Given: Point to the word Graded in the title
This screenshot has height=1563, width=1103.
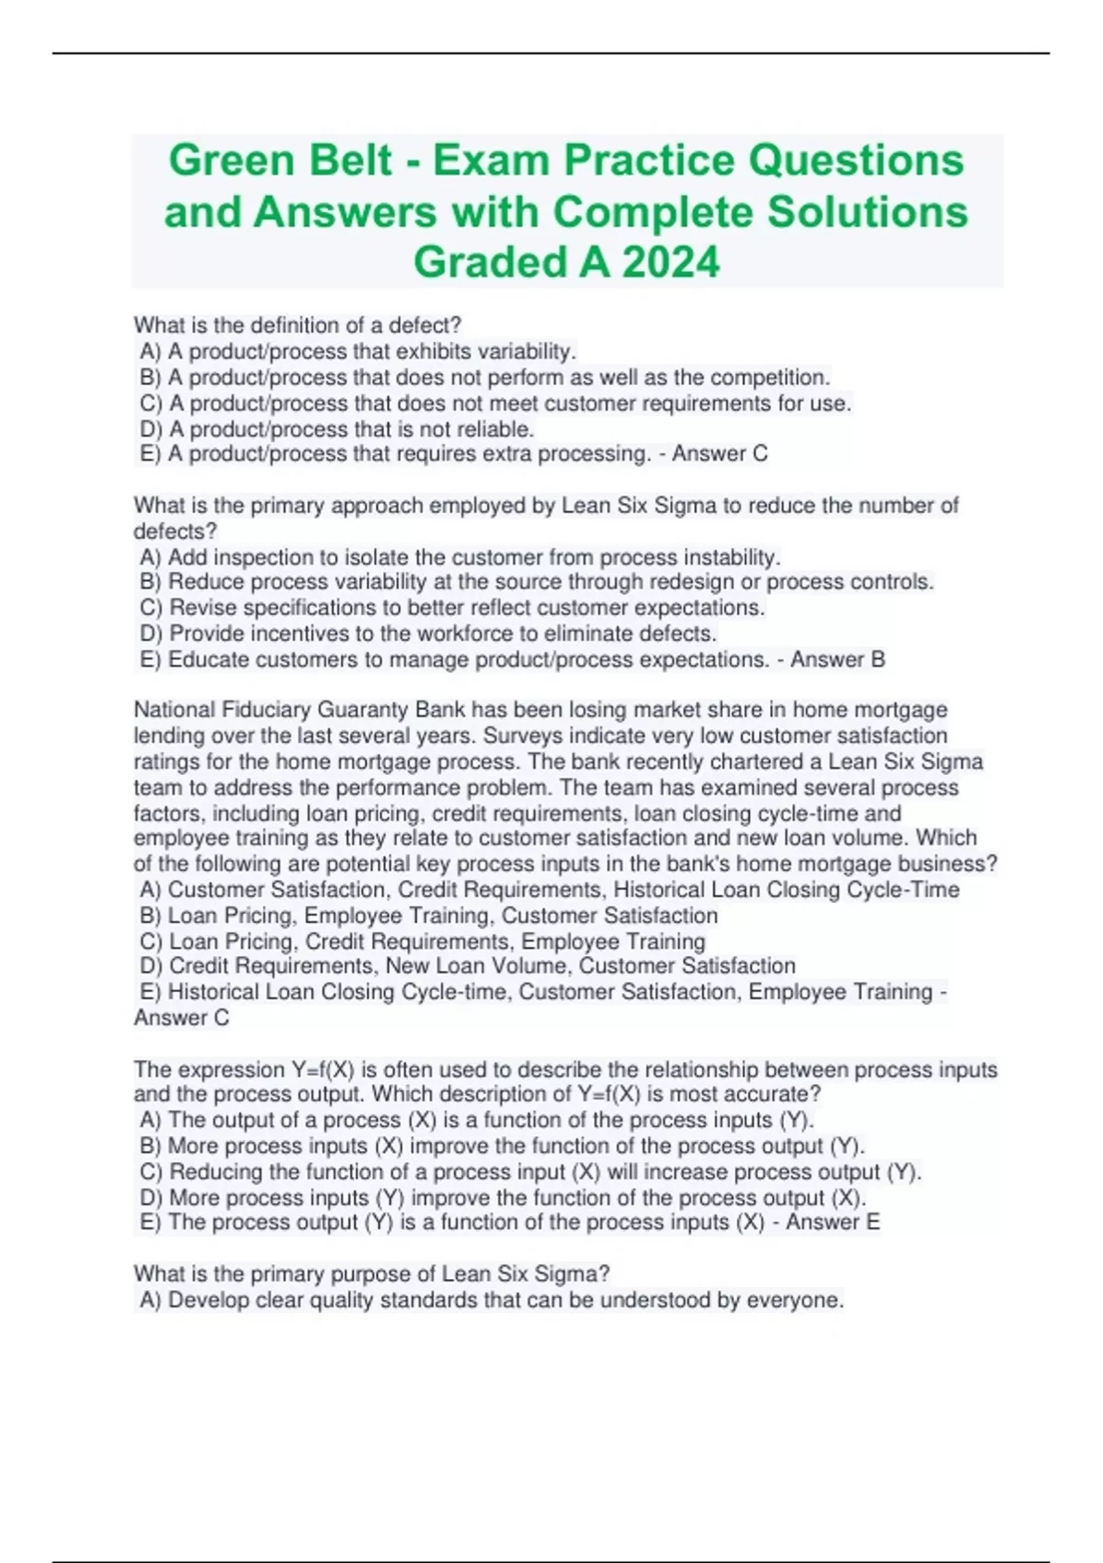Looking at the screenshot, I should pyautogui.click(x=489, y=262).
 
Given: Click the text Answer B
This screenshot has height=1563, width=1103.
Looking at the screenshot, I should pyautogui.click(x=837, y=659).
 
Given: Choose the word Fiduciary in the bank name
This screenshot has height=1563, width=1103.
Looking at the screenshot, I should pyautogui.click(x=267, y=710).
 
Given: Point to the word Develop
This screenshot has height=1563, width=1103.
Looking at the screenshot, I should pyautogui.click(x=208, y=1300).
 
